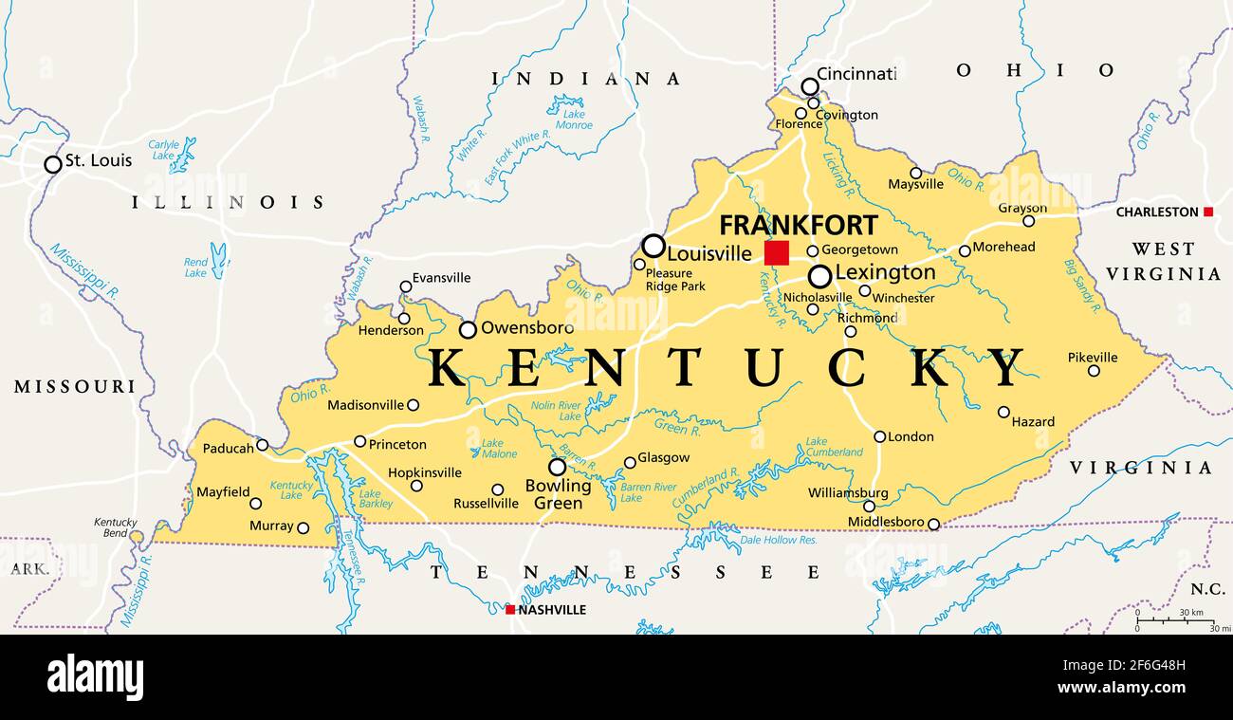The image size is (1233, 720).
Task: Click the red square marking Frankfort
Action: click(x=776, y=253)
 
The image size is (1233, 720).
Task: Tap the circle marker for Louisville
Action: click(x=653, y=247)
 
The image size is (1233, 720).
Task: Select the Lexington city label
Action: click(x=884, y=273)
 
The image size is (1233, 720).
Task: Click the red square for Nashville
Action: click(x=510, y=610)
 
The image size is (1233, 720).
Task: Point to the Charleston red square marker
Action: click(x=1207, y=212)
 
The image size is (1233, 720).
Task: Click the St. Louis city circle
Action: click(x=53, y=164)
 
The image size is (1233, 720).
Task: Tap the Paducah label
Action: click(x=228, y=448)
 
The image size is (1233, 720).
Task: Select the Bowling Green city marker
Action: click(x=557, y=467)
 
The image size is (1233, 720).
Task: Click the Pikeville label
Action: click(x=1092, y=358)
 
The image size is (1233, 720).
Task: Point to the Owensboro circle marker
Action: click(x=468, y=330)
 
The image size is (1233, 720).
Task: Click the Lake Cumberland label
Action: click(x=834, y=447)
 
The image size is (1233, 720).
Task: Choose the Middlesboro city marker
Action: click(x=933, y=524)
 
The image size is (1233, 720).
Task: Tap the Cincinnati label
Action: click(x=856, y=74)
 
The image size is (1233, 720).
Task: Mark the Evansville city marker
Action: click(x=406, y=286)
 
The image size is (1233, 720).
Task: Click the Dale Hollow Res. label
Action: click(x=778, y=540)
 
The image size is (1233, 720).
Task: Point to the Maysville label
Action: click(x=915, y=184)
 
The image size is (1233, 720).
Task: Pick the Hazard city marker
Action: click(x=1003, y=412)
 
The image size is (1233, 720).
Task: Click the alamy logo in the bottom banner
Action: click(x=95, y=677)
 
